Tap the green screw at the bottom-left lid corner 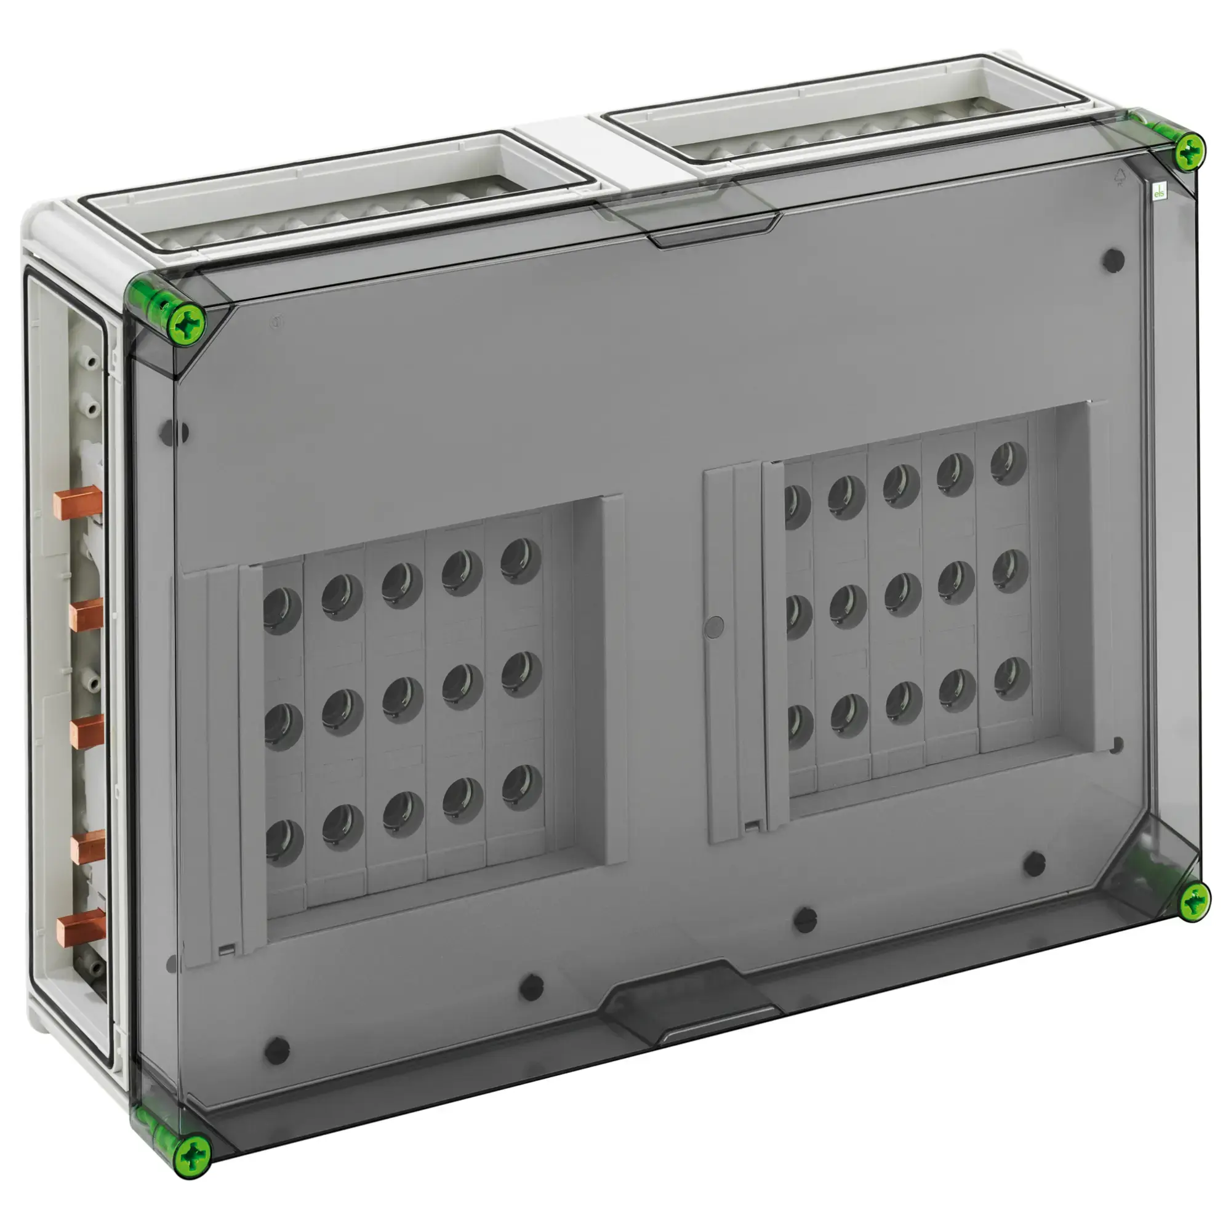point(193,1155)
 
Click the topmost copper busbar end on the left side point(77,502)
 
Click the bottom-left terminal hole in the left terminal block point(282,841)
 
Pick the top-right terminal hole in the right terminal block point(1008,463)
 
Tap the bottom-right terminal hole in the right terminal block point(1011,678)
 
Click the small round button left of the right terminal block point(716,627)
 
